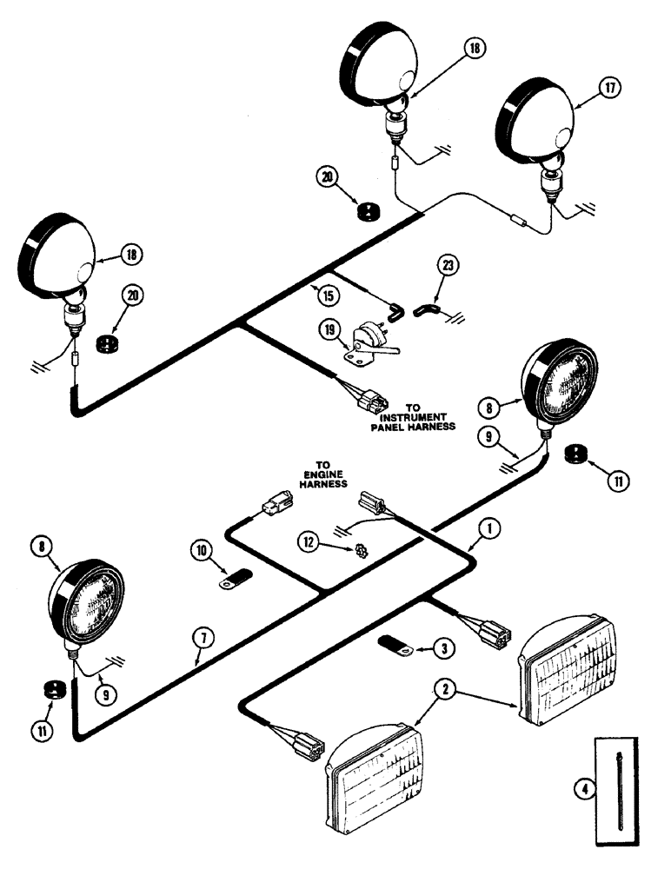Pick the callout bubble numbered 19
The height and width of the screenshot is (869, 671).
[x=331, y=329]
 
